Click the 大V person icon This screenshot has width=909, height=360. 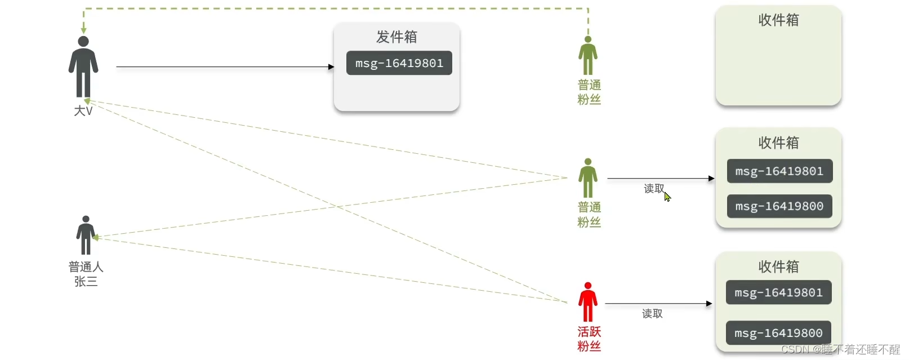(x=83, y=66)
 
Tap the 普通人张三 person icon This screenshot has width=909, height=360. (x=86, y=235)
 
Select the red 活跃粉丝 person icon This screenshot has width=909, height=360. (x=587, y=302)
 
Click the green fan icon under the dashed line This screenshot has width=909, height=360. (x=587, y=56)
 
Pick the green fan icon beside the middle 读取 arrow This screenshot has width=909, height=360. (x=587, y=178)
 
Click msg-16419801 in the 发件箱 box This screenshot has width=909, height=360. (x=399, y=63)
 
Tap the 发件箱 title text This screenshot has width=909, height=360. (x=396, y=37)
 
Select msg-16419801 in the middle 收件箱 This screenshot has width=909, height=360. (x=779, y=171)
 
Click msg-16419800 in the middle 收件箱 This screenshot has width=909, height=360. (x=779, y=206)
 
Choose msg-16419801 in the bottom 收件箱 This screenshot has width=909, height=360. (x=778, y=292)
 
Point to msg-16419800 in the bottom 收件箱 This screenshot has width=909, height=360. (x=778, y=333)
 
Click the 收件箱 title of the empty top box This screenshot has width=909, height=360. (x=778, y=20)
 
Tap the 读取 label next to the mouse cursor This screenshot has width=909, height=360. (x=653, y=189)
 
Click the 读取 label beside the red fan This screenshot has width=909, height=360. (x=652, y=314)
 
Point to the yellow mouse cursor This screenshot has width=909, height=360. (x=667, y=197)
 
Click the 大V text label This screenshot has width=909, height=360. (x=83, y=111)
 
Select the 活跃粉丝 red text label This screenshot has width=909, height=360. (x=589, y=339)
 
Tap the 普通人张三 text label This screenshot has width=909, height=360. (x=86, y=274)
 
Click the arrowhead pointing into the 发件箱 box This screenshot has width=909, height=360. (x=331, y=67)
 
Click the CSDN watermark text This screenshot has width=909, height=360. (x=840, y=349)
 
